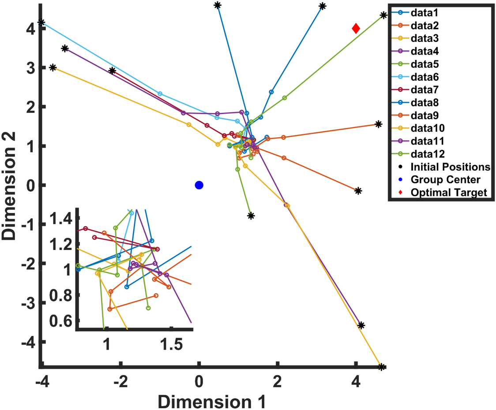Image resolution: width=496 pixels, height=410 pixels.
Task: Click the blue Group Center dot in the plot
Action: point(199,185)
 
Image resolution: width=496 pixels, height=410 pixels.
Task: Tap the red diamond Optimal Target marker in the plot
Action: point(356,29)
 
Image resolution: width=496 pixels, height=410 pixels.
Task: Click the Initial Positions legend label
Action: point(450,167)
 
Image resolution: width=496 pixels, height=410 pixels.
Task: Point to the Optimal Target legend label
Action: point(448,192)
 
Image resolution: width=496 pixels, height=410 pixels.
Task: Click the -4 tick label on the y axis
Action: point(28,342)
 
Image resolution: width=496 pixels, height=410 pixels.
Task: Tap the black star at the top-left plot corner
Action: point(41,22)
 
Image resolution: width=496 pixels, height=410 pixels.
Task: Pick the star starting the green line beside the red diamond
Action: point(383,15)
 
